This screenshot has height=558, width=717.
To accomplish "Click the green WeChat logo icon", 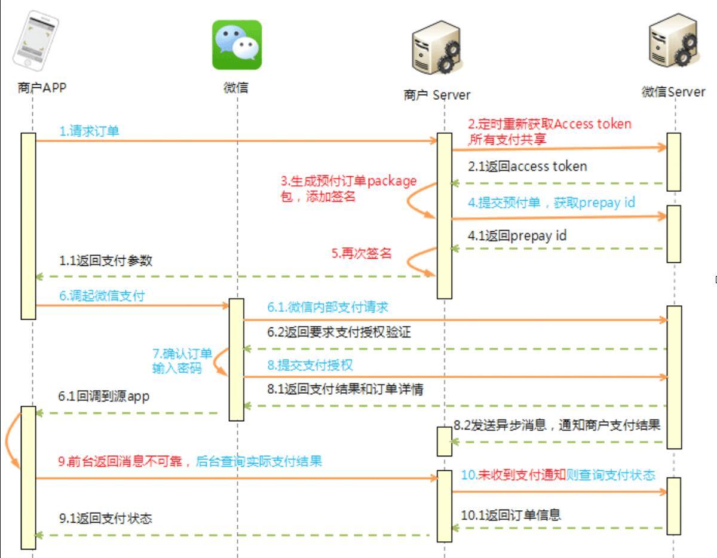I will [x=237, y=45].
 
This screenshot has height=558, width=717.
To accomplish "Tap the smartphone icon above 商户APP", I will [x=36, y=41].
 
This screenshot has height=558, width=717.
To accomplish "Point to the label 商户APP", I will [x=42, y=88].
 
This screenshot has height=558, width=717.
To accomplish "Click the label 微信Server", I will [x=673, y=92].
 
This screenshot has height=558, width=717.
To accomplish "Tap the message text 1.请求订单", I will [x=89, y=131].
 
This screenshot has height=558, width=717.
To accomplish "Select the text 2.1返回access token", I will [x=527, y=167].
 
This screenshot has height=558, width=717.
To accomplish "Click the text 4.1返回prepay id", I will [x=517, y=236].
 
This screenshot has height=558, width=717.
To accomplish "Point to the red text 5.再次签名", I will [x=361, y=253].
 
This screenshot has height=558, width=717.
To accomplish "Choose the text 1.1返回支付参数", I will [x=105, y=261].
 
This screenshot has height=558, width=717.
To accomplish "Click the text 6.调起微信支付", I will [x=102, y=296].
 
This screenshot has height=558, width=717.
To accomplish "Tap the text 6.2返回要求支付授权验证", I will [x=339, y=332].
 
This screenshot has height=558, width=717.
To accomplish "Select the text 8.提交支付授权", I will [x=314, y=364].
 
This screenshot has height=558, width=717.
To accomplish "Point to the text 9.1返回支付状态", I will [x=105, y=518].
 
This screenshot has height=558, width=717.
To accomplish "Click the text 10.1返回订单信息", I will [x=511, y=514].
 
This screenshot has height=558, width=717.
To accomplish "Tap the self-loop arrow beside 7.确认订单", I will [x=220, y=362].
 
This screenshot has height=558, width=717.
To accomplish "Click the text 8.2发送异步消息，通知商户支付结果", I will [x=557, y=425].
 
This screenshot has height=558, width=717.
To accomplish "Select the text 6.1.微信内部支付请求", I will [x=327, y=308].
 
